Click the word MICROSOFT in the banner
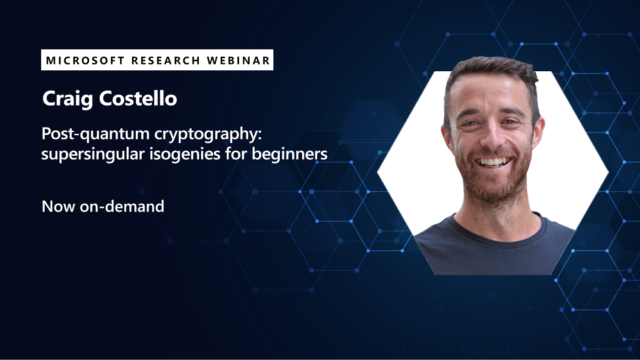[84, 61]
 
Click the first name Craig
[63, 101]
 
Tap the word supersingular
[91, 155]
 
